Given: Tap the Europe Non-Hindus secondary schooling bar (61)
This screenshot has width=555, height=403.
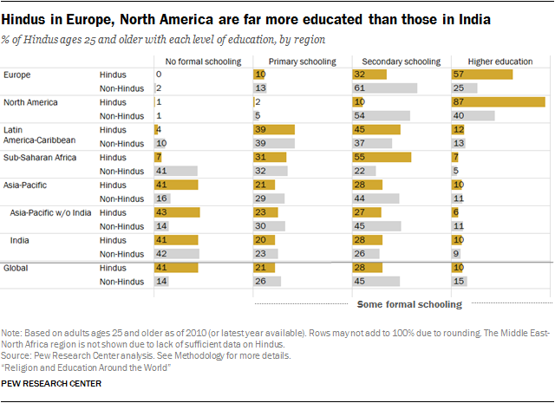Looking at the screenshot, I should pos(384,88).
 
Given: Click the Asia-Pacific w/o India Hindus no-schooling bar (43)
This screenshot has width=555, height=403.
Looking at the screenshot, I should pos(177,213).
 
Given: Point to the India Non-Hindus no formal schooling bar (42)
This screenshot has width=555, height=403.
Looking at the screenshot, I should pos(176,254).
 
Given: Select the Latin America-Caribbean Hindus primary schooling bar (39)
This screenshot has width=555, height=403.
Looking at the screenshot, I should pos(274,130).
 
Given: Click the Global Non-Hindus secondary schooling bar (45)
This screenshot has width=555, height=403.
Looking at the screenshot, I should pos(375,282).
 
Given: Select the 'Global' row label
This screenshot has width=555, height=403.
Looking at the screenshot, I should pos(16,268).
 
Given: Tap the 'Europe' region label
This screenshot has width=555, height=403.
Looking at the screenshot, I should pos(17,75).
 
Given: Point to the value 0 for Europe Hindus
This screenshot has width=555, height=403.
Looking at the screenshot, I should pos(159,75).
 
